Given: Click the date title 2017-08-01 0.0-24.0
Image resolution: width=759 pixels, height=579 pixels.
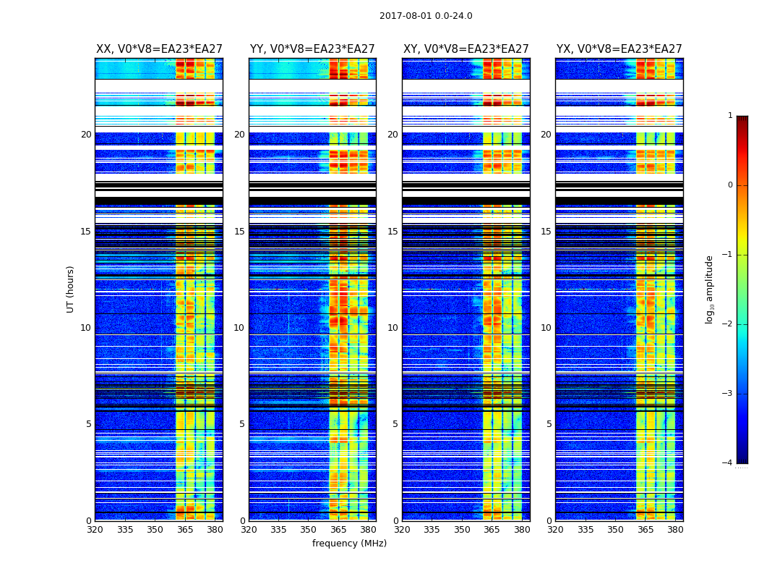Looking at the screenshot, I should [x=426, y=16].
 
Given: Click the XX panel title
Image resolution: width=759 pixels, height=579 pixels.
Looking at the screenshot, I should [x=159, y=49].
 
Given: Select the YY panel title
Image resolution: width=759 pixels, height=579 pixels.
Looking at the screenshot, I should [x=312, y=49].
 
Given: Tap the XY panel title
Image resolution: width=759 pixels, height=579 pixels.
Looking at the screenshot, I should [x=466, y=49].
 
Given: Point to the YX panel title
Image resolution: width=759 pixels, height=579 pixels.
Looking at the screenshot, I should [x=619, y=49].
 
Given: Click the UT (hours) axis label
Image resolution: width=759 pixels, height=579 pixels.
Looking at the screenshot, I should [x=71, y=289].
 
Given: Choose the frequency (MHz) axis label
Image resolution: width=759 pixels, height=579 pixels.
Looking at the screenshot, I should [x=349, y=544].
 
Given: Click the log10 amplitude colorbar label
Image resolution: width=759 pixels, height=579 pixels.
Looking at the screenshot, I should [x=710, y=289].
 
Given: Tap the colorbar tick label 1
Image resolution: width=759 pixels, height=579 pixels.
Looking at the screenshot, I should [x=730, y=116].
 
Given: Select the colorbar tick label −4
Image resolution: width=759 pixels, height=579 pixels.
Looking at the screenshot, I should [x=728, y=463].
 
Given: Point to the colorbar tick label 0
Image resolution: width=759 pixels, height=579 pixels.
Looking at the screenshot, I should [x=730, y=185].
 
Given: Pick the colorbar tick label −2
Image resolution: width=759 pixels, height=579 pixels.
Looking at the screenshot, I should [x=728, y=324].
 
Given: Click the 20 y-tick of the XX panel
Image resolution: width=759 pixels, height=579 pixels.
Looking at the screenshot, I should [x=86, y=135].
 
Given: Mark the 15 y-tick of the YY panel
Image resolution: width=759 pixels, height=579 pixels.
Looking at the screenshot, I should [x=239, y=232].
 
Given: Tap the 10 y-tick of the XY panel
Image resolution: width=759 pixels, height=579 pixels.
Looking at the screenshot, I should [x=393, y=328].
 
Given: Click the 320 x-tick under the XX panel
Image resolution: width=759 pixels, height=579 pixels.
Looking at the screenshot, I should [x=95, y=530].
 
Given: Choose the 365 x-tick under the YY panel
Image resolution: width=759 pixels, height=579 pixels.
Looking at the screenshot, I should [x=338, y=530].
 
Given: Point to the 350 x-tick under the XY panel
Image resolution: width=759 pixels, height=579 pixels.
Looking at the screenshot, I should [x=462, y=530].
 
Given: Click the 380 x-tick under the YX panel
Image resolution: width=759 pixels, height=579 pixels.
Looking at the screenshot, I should [x=675, y=530].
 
